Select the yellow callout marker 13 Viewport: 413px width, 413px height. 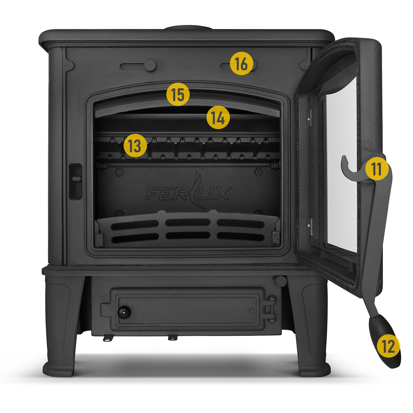(x=135, y=145)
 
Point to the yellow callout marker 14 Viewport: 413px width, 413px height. (x=218, y=118)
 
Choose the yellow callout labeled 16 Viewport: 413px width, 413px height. (x=241, y=64)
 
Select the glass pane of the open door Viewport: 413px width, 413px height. (x=341, y=162)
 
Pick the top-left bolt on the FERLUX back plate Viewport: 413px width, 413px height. (x=119, y=172)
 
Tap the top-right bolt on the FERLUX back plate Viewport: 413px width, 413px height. (x=258, y=172)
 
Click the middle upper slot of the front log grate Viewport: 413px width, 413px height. (x=188, y=222)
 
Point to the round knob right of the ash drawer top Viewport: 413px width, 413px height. (x=281, y=281)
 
